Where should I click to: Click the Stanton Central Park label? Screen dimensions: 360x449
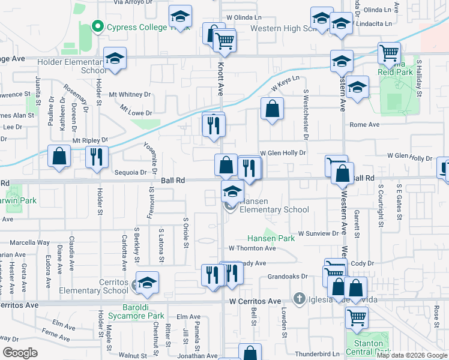[368, 347]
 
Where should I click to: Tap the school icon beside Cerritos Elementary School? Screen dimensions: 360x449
[146, 284]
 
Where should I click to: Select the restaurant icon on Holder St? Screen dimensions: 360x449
[97, 157]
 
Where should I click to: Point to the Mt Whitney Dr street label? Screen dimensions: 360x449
[130, 95]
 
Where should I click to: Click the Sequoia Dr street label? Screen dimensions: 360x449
[130, 172]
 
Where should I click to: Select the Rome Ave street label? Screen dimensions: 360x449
[365, 125]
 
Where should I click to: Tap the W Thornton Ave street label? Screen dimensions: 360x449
[252, 248]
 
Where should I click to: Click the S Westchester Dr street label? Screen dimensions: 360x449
[306, 115]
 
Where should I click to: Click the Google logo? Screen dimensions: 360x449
[20, 353]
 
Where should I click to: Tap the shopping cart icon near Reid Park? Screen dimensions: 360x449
[389, 53]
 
